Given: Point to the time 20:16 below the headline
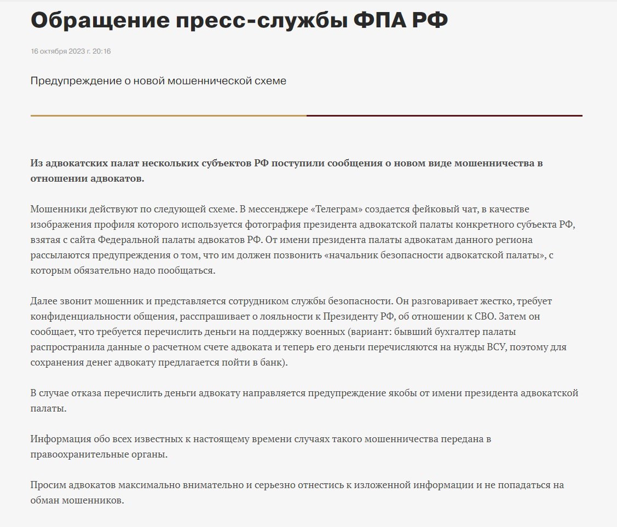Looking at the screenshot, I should [102, 51].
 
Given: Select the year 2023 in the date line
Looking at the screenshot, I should [77, 51].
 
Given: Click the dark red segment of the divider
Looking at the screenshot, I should [444, 116].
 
